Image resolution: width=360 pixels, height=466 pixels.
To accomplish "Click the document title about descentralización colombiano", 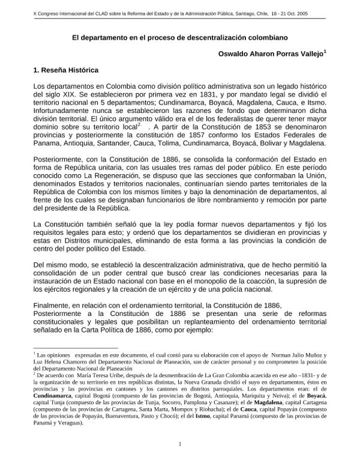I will tap(179, 37).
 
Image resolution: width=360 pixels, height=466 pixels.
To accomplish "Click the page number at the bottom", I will tap(180, 444).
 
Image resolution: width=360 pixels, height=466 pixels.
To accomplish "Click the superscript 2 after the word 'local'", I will tap(139, 125).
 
